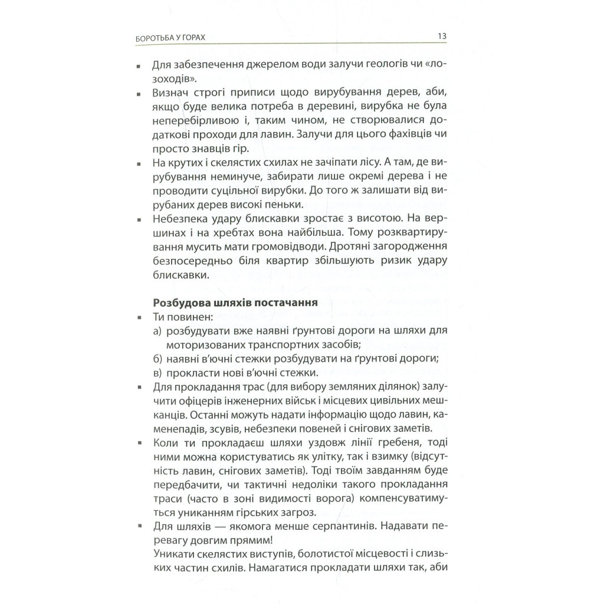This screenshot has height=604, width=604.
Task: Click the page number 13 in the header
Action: click(442, 37)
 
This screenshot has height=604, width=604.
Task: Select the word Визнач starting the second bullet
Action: click(170, 94)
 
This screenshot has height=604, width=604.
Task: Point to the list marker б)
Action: click(156, 359)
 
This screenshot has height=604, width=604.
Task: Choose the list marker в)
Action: click(156, 373)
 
